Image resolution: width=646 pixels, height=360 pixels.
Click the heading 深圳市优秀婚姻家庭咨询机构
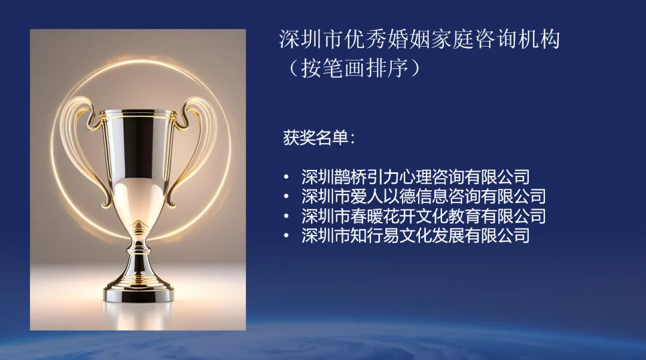[419, 40]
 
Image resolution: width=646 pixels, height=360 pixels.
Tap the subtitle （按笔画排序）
[353, 68]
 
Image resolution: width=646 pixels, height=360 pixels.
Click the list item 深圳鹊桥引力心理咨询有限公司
[415, 177]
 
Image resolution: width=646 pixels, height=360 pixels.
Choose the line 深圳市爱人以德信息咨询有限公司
[423, 197]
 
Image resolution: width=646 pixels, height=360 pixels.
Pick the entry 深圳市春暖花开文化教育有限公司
[423, 216]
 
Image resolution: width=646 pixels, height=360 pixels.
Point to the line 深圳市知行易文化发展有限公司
[415, 236]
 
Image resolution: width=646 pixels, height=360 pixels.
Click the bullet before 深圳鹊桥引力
[287, 178]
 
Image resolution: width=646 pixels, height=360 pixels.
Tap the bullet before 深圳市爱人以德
[287, 197]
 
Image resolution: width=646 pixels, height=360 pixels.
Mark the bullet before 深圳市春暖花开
[287, 216]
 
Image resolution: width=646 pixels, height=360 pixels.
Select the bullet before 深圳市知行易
[287, 236]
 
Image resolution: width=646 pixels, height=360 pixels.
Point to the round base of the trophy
[138, 292]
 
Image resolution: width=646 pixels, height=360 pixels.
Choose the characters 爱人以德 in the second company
[383, 197]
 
